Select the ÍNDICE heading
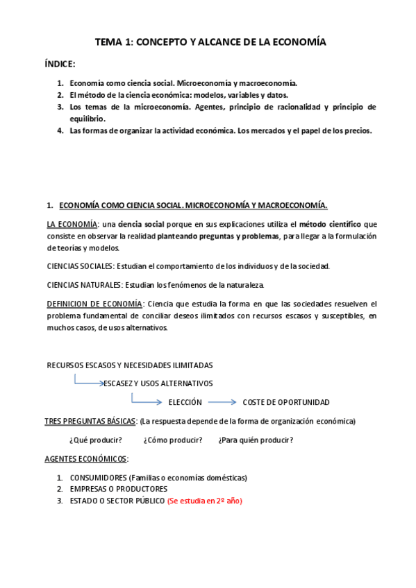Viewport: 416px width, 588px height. (x=60, y=64)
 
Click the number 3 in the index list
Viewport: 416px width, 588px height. (x=60, y=107)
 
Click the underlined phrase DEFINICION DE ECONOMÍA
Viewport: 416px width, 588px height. (x=94, y=304)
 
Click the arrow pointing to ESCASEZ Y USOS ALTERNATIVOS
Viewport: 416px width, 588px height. (x=88, y=381)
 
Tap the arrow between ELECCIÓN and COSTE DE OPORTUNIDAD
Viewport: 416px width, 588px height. (x=222, y=401)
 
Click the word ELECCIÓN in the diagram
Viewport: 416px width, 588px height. (x=185, y=402)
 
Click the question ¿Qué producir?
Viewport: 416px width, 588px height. (x=96, y=440)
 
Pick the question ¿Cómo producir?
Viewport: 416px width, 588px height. (x=173, y=440)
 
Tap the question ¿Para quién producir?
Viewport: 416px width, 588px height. (x=256, y=440)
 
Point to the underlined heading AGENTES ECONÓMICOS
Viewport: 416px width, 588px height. (x=87, y=459)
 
